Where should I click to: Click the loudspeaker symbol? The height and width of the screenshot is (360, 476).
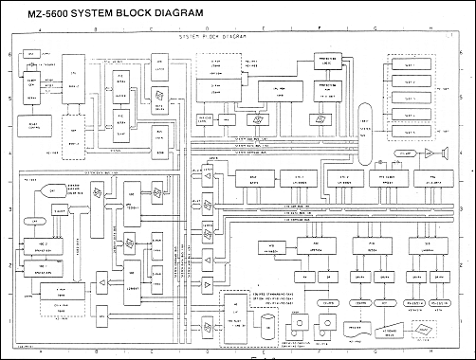[430, 152]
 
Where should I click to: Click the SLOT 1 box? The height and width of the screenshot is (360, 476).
[411, 69]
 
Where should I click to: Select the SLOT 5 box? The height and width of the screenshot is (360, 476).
[411, 126]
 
